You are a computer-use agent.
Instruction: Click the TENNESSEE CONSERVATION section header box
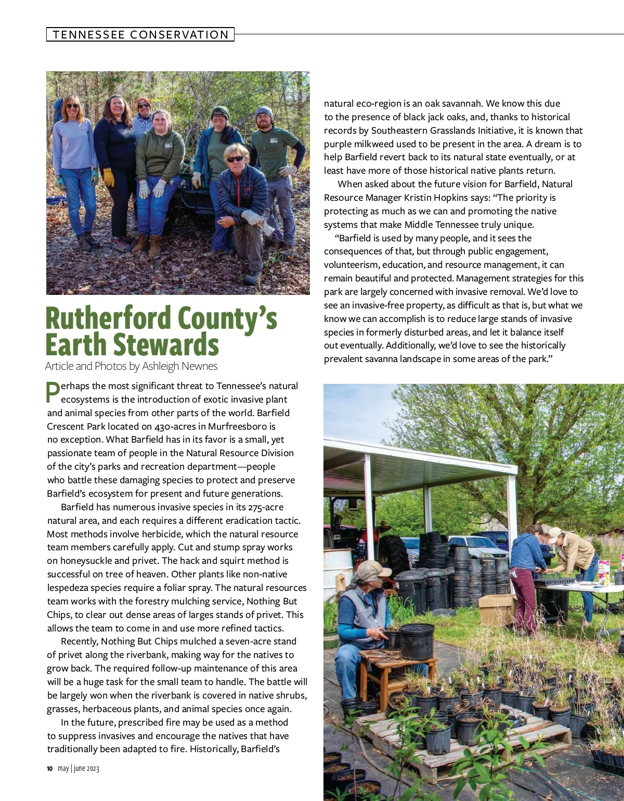[x=140, y=35]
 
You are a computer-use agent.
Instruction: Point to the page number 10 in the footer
[x=49, y=769]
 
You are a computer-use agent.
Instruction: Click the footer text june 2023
[x=86, y=769]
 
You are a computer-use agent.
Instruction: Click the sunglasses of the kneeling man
[x=236, y=159]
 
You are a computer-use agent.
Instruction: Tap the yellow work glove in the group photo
[x=108, y=177]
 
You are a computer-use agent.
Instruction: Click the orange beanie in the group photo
[x=144, y=102]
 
